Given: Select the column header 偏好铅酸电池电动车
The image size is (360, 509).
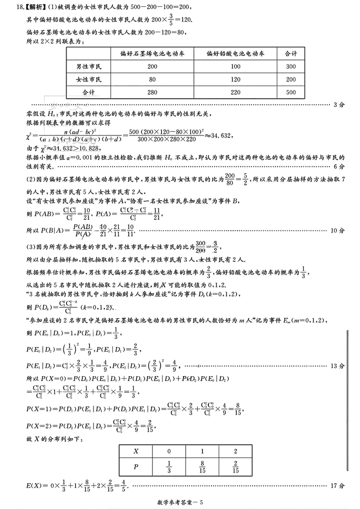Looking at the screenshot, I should [x=235, y=54].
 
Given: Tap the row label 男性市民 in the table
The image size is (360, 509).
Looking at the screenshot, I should [x=90, y=67].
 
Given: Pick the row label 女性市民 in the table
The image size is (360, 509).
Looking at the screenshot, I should [x=90, y=80].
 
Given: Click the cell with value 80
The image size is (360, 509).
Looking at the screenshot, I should [x=151, y=80].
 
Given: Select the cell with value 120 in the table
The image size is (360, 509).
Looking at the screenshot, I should [x=235, y=80].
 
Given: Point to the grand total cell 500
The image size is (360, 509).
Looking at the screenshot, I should [x=291, y=92].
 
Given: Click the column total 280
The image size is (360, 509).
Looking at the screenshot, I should [x=151, y=92].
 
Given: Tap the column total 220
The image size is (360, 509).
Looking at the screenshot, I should [x=235, y=92].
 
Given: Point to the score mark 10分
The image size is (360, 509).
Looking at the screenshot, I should [x=337, y=230].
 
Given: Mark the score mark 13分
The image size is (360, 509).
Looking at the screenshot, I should [x=337, y=365].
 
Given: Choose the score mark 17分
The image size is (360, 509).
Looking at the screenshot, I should [x=337, y=486].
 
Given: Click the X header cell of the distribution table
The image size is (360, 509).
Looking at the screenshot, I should [x=136, y=450].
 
